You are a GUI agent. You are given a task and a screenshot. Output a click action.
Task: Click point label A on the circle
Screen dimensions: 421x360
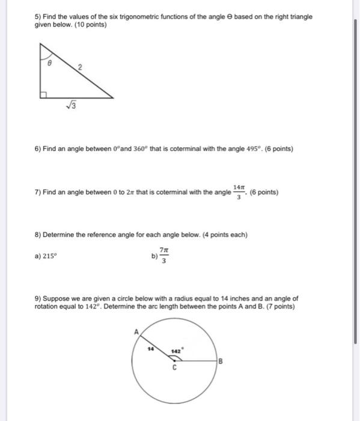pyautogui.click(x=137, y=331)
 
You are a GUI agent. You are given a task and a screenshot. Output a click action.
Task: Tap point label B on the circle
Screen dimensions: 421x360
pyautogui.click(x=221, y=361)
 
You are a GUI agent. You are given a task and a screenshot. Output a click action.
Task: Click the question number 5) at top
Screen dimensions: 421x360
pyautogui.click(x=37, y=17)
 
